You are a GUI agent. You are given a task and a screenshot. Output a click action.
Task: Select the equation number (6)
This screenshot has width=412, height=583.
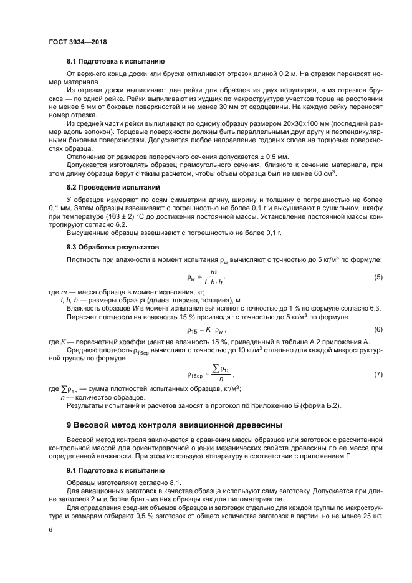(378, 329)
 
